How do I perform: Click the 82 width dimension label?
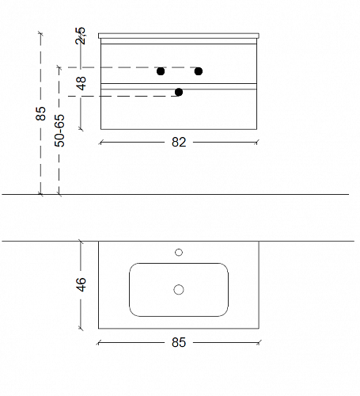[179, 143]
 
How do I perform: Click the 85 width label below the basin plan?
[179, 342]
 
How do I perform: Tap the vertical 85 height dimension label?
[40, 113]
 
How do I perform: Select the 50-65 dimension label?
[59, 131]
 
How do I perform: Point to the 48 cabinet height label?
[81, 83]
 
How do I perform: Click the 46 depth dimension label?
[81, 284]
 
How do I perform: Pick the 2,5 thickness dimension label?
[81, 36]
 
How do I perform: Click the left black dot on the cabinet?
[161, 71]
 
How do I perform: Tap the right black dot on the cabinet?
[199, 71]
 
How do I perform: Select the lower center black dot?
[179, 92]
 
